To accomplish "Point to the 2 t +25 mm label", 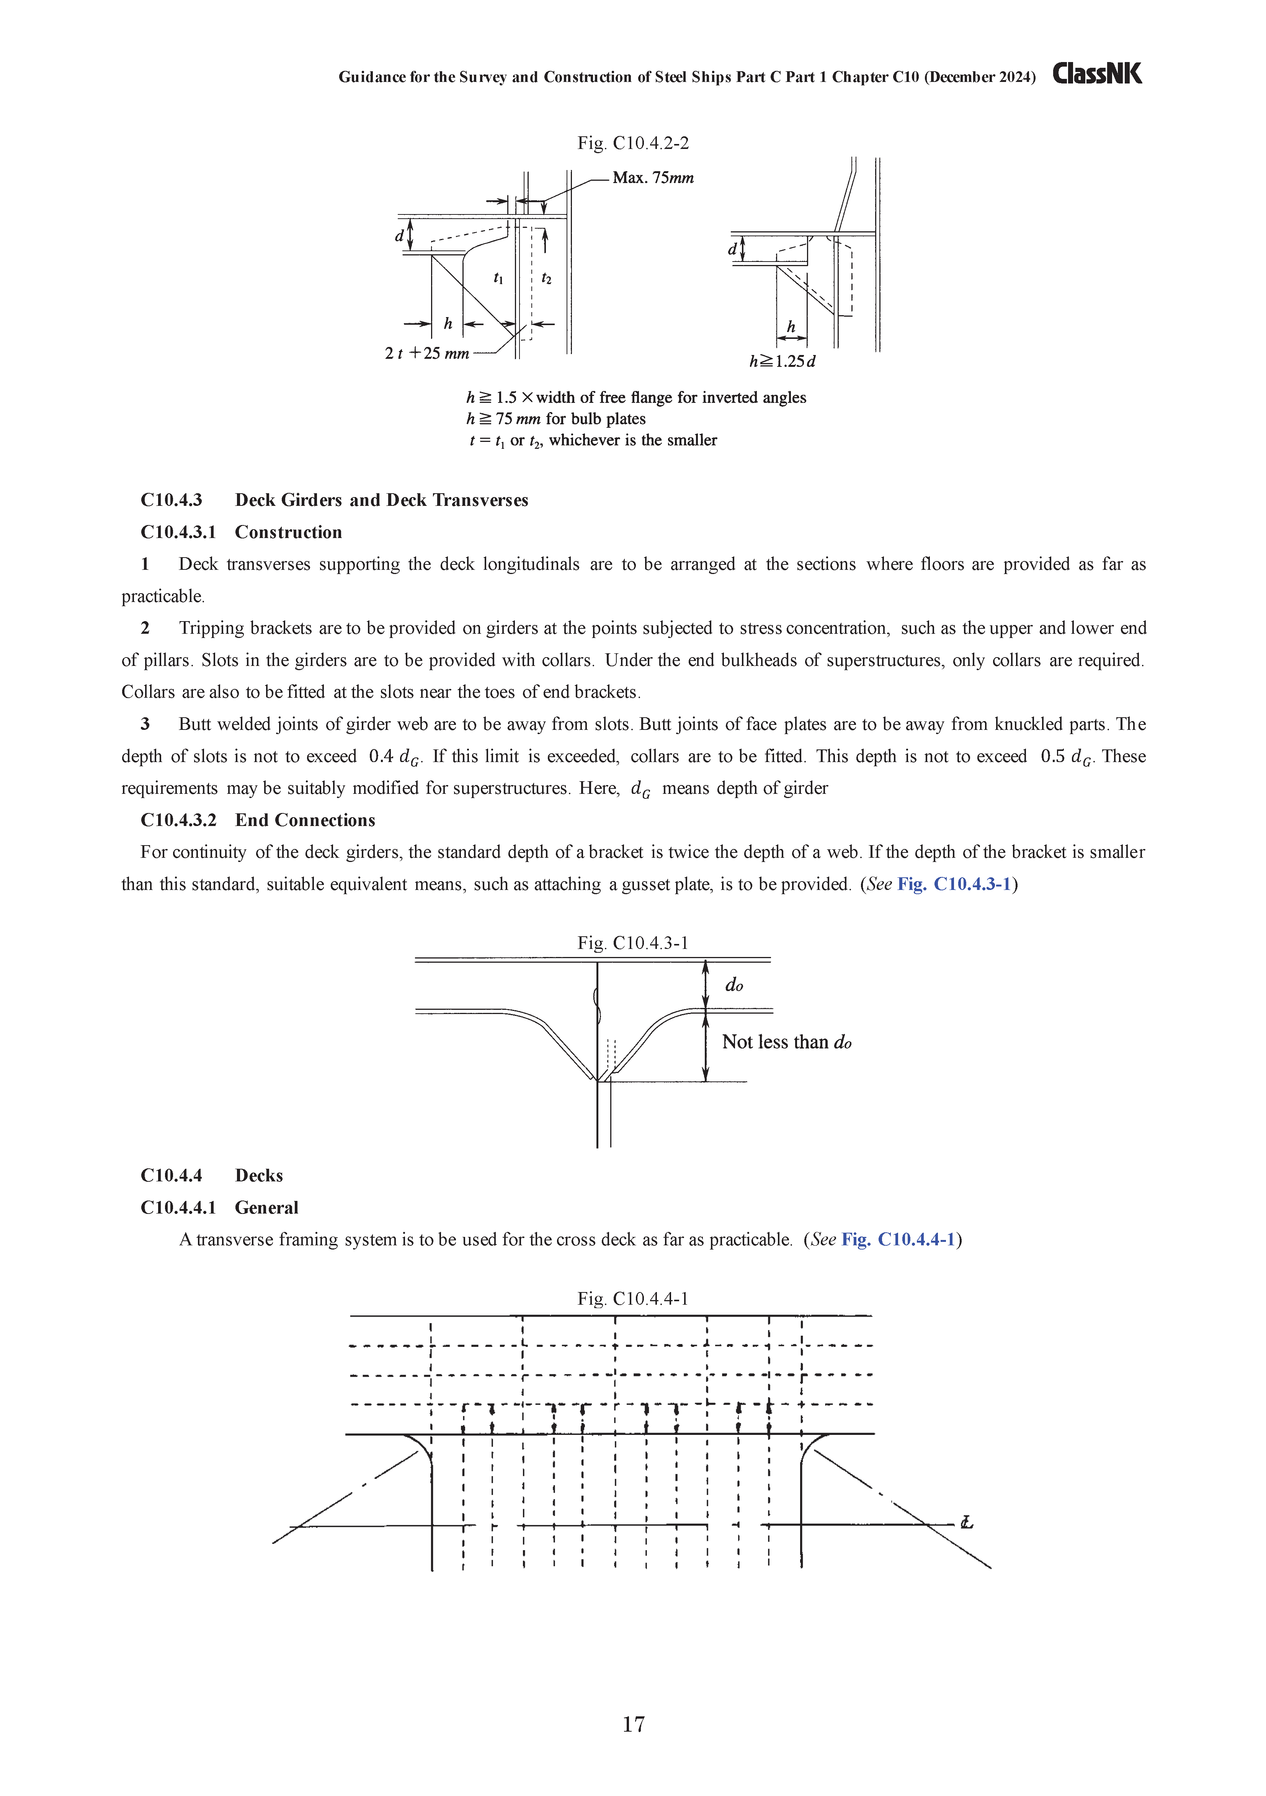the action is (x=427, y=353).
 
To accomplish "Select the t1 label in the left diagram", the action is (x=498, y=278).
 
